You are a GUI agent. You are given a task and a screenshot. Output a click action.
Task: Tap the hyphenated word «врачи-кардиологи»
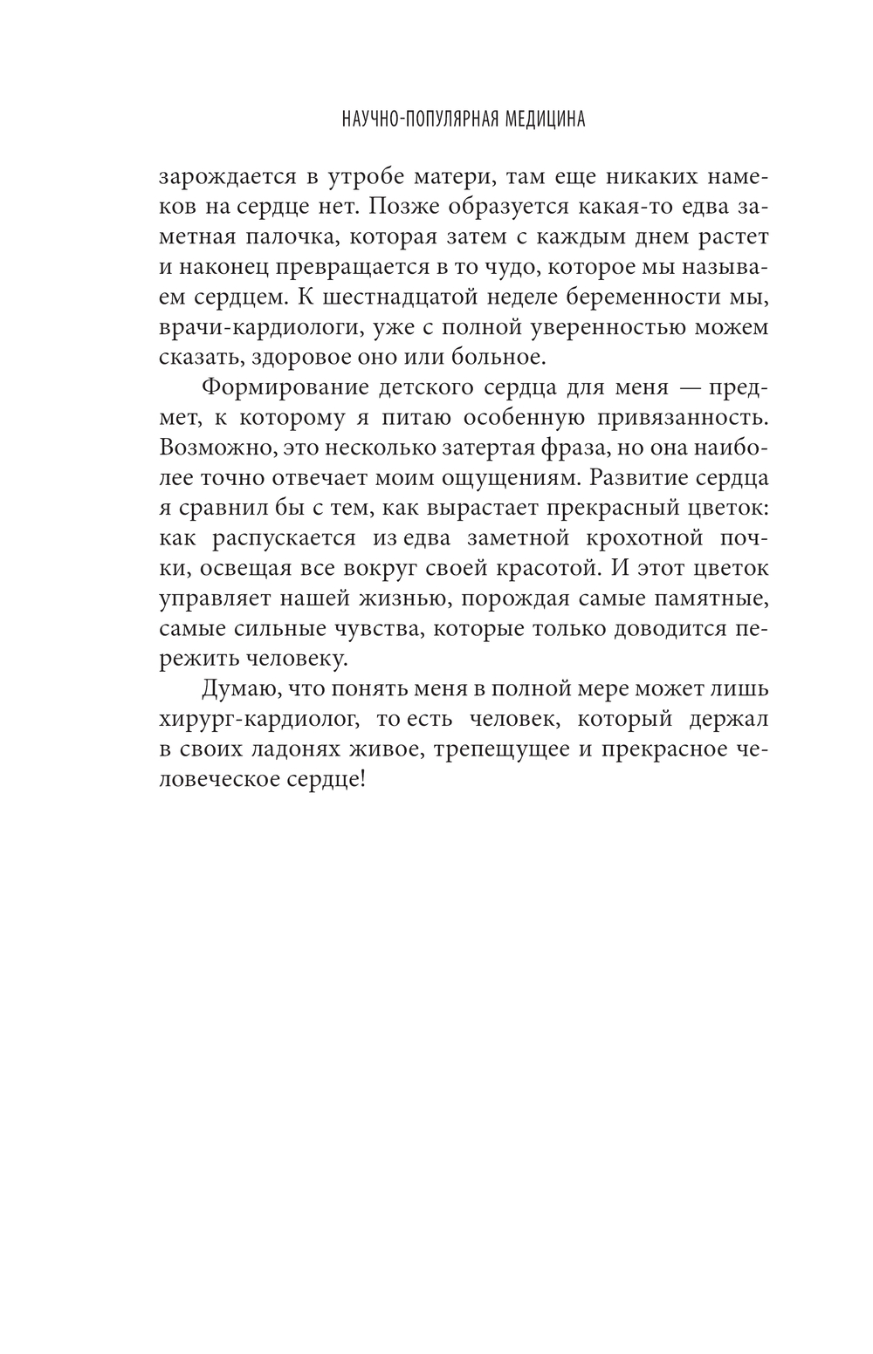[257, 328]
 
